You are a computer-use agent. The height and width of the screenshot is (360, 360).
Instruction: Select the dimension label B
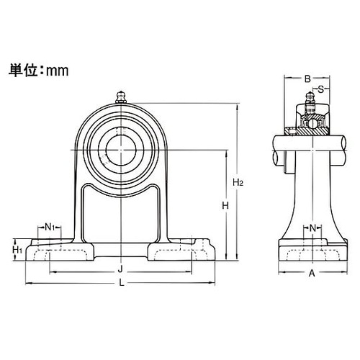307,79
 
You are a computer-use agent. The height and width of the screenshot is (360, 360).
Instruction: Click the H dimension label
225,205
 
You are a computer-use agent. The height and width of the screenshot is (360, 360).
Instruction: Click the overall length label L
121,283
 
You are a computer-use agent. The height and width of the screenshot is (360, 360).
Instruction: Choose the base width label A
311,273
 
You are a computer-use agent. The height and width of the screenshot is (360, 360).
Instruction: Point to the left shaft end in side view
279,148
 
